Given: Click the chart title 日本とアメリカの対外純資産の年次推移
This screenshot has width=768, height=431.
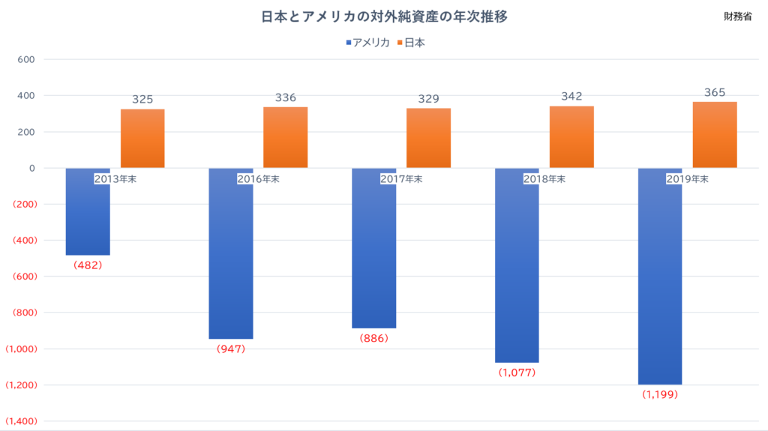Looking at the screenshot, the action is [384, 16].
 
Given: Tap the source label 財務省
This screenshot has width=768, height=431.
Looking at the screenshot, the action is [738, 16].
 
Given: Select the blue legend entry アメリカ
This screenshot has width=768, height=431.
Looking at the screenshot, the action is [367, 43].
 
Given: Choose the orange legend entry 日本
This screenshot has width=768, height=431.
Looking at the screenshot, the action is [411, 43].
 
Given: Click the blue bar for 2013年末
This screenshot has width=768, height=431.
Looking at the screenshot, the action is [88, 211].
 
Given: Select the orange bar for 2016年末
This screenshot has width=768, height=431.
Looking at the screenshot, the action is [286, 138].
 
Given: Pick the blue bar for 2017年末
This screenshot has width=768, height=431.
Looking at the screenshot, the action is [373, 248].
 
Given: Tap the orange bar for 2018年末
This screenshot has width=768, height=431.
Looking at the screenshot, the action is [571, 137].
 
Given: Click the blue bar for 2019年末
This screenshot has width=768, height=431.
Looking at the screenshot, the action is [660, 277].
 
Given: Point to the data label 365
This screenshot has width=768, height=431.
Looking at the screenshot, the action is [715, 92].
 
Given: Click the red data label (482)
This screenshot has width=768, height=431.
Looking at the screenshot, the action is [88, 265].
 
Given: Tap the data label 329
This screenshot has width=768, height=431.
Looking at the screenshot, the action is [428, 99].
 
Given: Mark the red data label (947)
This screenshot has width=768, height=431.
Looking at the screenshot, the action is [231, 349].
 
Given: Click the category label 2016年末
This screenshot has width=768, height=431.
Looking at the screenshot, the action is [258, 179].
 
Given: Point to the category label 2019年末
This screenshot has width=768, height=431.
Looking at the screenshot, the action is [687, 179].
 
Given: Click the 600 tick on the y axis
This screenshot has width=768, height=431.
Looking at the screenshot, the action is [26, 59].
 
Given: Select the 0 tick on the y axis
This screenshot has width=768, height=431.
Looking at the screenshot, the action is [32, 168].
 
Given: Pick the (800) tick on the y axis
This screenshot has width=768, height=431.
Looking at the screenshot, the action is [25, 313].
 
